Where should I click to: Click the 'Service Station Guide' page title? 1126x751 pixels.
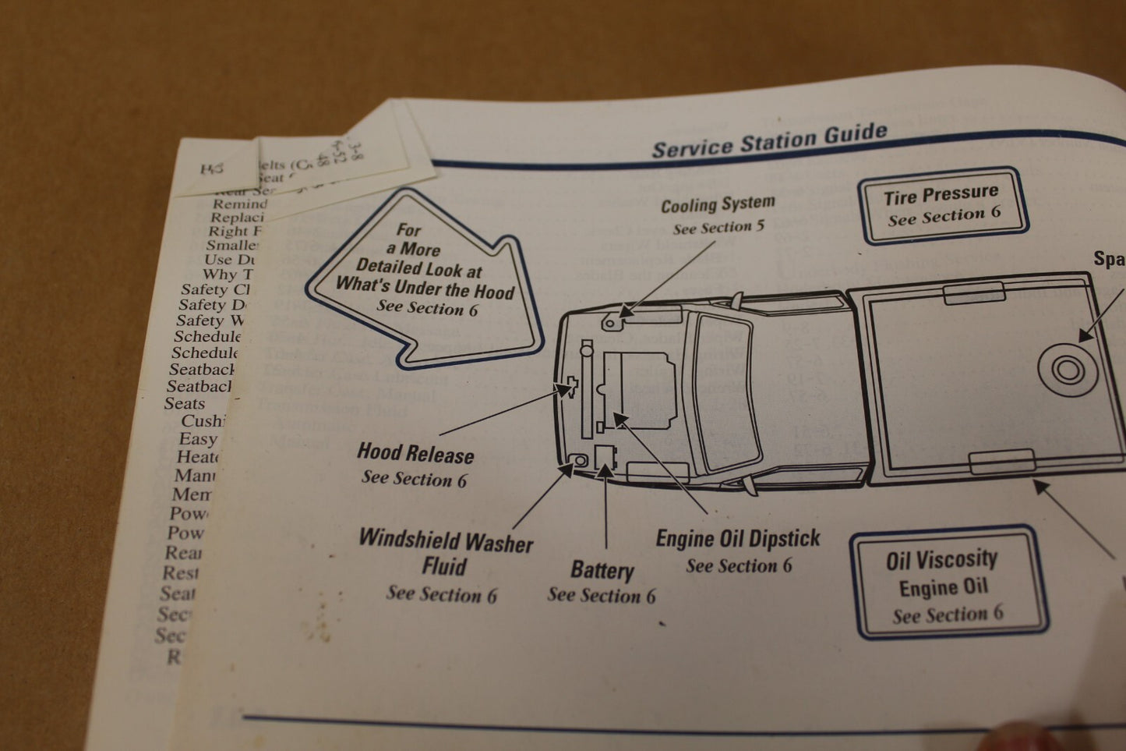[769, 140]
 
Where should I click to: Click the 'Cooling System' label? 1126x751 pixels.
[718, 205]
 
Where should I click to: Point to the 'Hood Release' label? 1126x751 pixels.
[415, 453]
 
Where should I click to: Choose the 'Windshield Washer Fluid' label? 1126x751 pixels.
[445, 553]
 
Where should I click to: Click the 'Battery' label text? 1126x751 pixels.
[602, 570]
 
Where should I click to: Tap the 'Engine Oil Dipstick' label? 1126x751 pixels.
[737, 539]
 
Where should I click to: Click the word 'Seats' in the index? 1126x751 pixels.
[185, 404]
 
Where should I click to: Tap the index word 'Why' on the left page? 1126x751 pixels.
[219, 274]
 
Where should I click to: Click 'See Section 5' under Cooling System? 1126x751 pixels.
[718, 228]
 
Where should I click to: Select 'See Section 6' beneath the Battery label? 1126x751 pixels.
[601, 596]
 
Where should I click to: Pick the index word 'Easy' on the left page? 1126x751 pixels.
[198, 440]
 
